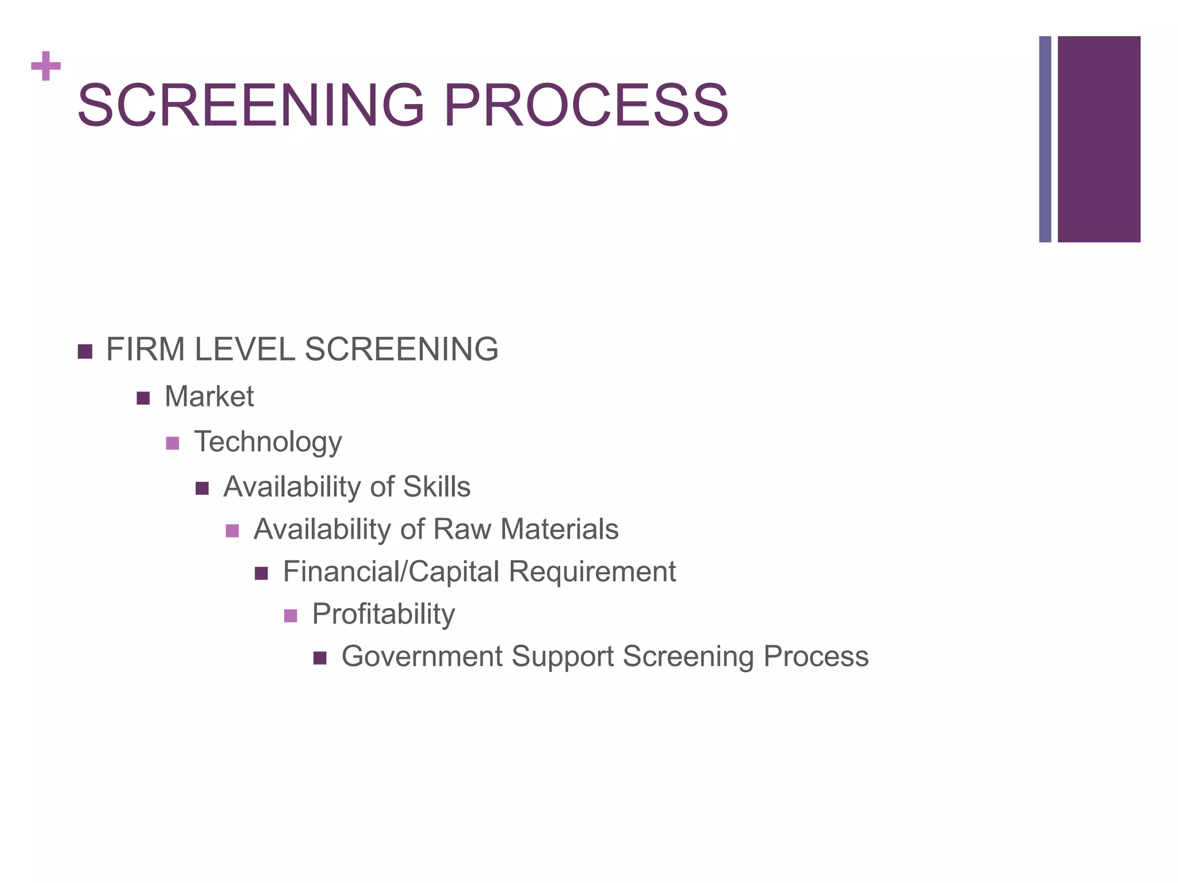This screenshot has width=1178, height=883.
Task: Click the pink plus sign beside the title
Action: coord(46,66)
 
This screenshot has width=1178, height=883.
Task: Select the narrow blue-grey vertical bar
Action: coord(1045,139)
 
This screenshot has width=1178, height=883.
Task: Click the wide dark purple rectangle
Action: coord(1099,139)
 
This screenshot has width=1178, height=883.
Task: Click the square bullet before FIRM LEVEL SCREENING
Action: coord(85,351)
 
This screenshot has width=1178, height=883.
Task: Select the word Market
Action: coord(209,397)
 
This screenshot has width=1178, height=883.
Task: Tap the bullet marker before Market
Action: coord(143,398)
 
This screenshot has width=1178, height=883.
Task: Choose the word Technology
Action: coord(268,442)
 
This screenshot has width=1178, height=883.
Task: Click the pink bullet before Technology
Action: coord(173,443)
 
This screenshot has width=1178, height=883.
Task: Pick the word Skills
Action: coord(437,487)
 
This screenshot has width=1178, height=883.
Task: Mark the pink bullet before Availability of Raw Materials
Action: coord(232,531)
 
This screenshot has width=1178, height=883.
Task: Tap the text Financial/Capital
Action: coord(391,572)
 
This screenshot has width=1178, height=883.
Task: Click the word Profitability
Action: coord(384,615)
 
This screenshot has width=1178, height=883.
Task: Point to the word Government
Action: coord(422,657)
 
